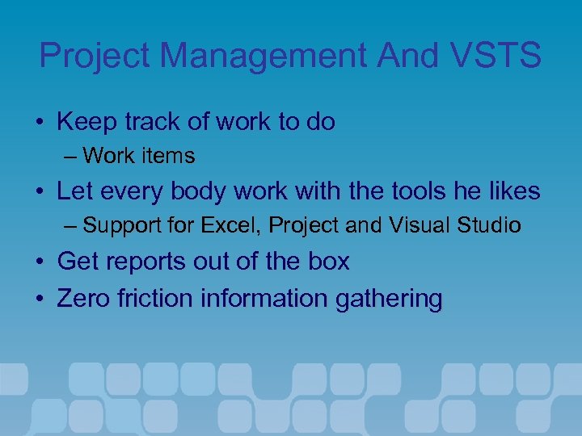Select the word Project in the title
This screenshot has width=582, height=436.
[95, 56]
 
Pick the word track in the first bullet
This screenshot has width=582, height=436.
[149, 122]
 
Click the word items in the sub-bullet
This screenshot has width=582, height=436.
[171, 155]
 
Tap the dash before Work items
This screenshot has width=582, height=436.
[71, 156]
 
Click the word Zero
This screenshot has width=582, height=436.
[83, 299]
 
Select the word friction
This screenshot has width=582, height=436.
[158, 299]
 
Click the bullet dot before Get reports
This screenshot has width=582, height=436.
[40, 262]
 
